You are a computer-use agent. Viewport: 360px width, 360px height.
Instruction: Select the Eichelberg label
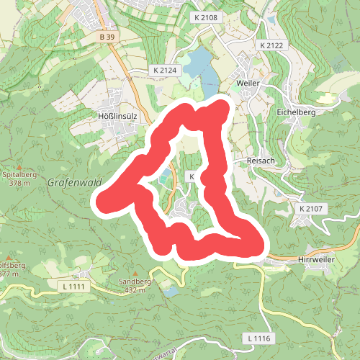[297, 112]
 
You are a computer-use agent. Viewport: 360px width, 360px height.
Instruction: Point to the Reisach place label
[261, 161]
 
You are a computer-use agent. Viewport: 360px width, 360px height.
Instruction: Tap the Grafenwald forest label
[73, 183]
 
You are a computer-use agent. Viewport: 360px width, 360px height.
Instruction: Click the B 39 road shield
[107, 37]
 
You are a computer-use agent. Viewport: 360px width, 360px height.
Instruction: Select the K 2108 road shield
[205, 16]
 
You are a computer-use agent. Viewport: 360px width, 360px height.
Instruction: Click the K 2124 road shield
[165, 71]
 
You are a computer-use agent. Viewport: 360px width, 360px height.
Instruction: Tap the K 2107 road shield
[310, 209]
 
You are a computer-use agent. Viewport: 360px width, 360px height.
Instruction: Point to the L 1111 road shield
[71, 287]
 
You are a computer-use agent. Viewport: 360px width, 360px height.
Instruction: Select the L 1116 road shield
[257, 338]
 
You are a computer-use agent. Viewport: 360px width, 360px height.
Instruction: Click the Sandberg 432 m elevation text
[135, 289]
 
